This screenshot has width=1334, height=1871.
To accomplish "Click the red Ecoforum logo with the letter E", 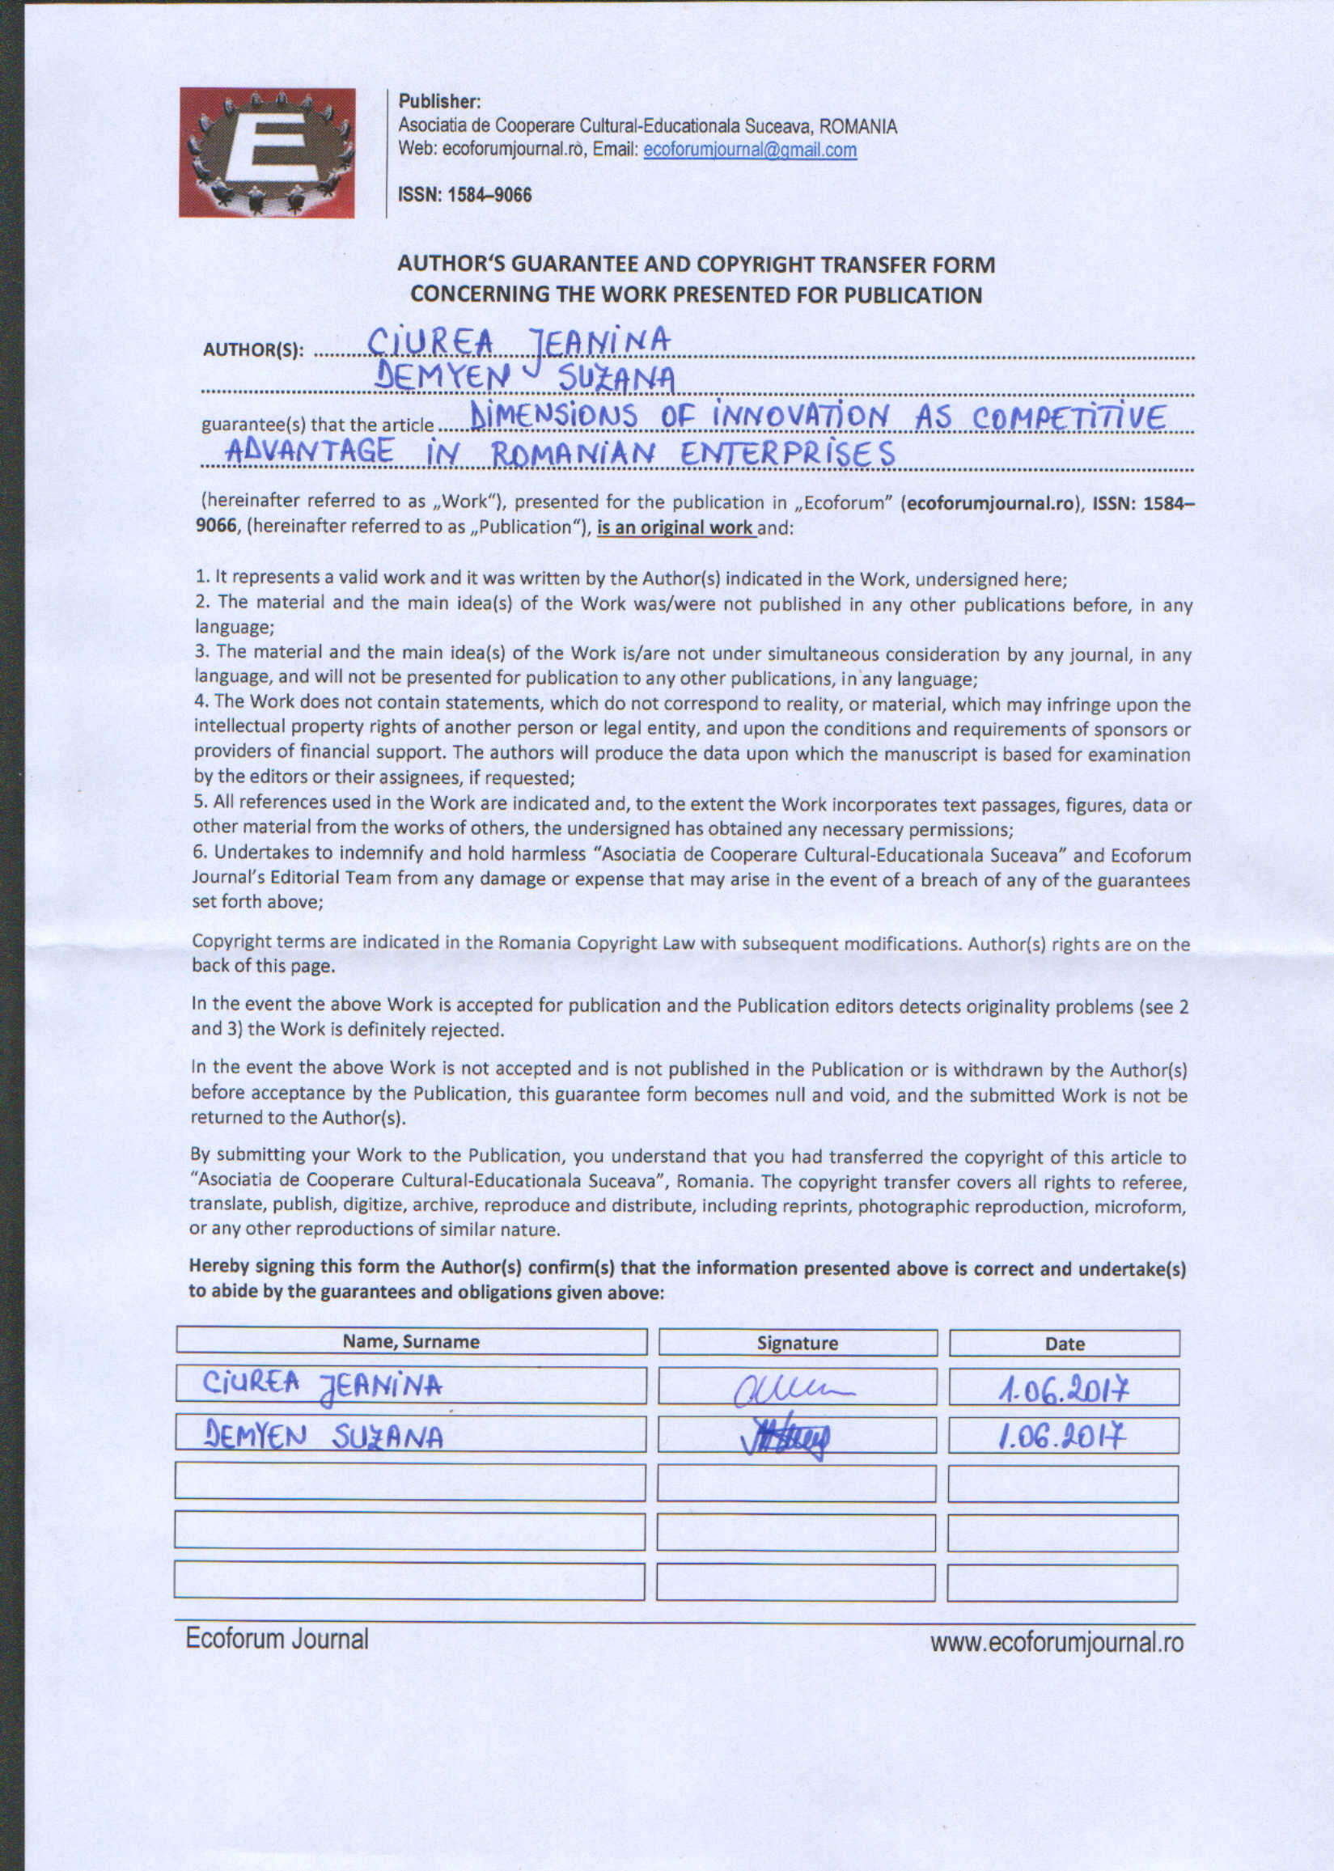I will (x=267, y=153).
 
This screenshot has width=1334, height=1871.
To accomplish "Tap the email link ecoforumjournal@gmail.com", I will (x=750, y=150).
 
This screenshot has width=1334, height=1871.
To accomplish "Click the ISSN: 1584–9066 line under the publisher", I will (x=465, y=196).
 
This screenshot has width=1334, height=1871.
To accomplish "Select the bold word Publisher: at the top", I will (x=438, y=102).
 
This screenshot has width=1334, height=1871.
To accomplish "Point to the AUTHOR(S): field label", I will (x=253, y=351).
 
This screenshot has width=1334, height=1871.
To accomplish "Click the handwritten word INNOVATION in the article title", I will (x=801, y=417).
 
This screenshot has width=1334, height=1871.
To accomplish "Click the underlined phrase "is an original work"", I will (x=675, y=527).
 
